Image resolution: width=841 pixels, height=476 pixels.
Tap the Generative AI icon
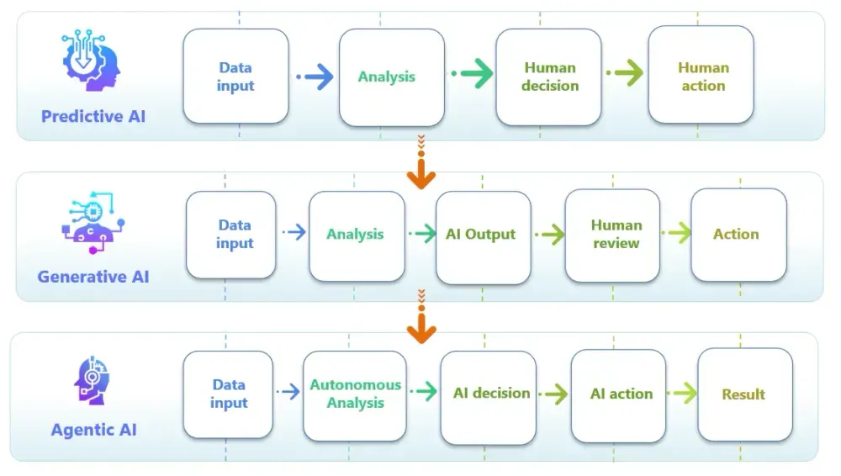(x=93, y=223)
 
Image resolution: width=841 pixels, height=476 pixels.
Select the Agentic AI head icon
(x=93, y=380)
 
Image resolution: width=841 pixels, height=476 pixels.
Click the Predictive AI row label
(x=93, y=116)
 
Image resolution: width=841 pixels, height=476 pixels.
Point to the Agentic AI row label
(x=93, y=430)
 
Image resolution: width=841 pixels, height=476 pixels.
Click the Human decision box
(x=549, y=77)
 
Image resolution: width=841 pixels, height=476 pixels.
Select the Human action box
(x=701, y=77)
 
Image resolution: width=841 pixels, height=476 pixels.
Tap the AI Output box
(x=483, y=235)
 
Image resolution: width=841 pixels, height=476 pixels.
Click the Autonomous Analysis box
(x=355, y=394)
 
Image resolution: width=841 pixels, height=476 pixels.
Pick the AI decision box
(x=489, y=394)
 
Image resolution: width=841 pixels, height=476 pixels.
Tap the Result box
(x=743, y=394)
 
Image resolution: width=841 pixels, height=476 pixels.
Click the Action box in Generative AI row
(x=738, y=235)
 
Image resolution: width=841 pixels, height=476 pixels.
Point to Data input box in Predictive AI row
(x=235, y=77)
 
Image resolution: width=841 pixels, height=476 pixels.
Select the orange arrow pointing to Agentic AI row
(x=420, y=323)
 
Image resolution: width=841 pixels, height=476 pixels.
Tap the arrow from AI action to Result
(x=682, y=393)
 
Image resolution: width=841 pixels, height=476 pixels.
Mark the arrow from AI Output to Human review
(x=548, y=235)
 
